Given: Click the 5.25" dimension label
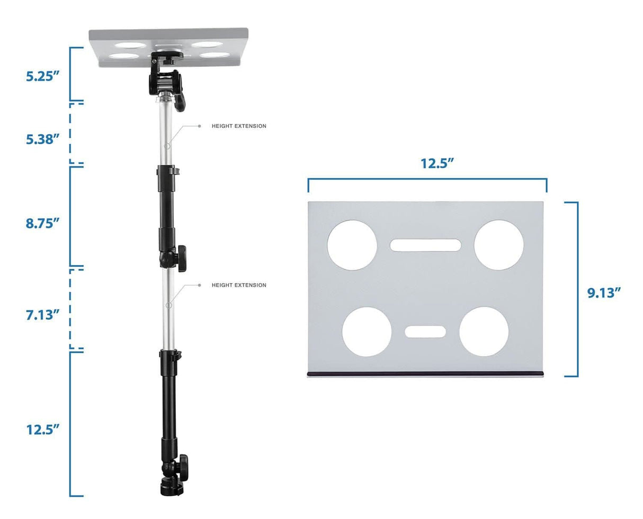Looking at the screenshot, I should (41, 76).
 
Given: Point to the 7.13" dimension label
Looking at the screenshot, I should (41, 315).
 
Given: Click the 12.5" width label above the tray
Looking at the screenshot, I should (438, 163).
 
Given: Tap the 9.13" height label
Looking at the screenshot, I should (604, 292).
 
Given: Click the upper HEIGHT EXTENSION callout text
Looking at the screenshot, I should (239, 126).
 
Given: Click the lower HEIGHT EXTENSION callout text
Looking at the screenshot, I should (239, 285).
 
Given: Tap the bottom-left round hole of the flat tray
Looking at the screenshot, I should (367, 332).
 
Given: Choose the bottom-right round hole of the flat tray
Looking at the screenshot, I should (484, 332).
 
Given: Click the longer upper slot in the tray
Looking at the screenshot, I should (425, 245).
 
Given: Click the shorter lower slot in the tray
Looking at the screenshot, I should (425, 332).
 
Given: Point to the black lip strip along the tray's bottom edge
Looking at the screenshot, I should (425, 374).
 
